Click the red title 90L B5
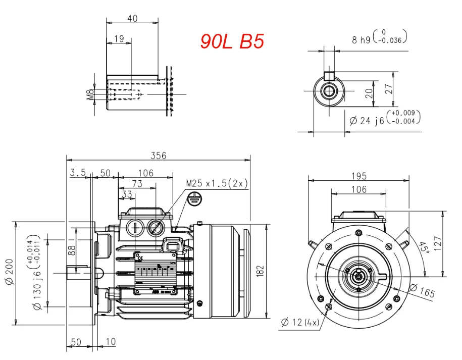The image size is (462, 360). pyautogui.click(x=232, y=41)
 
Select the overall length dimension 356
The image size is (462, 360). pyautogui.click(x=159, y=156)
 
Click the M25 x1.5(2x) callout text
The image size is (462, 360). pyautogui.click(x=217, y=183)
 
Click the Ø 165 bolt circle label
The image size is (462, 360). pyautogui.click(x=421, y=292)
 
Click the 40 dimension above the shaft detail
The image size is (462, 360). pyautogui.click(x=132, y=18)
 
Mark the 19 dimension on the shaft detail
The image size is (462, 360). pyautogui.click(x=119, y=39)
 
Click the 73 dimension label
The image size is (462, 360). pyautogui.click(x=137, y=184)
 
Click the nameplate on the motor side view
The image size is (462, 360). pyautogui.click(x=155, y=273)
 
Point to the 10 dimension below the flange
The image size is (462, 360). pyautogui.click(x=110, y=342)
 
